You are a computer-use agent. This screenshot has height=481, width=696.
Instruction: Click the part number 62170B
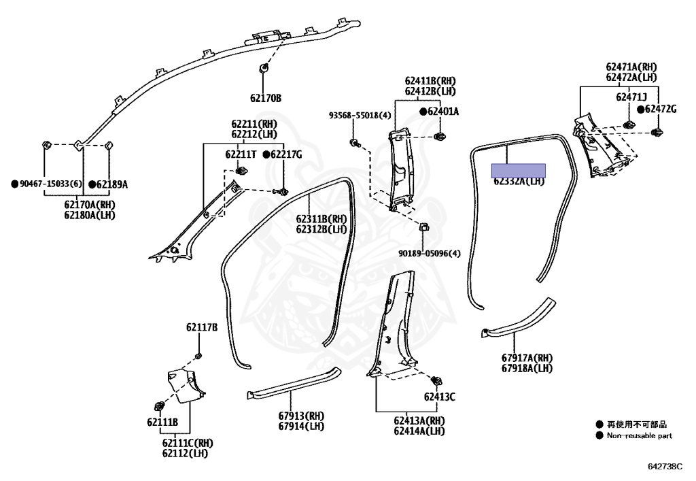[x=265, y=98]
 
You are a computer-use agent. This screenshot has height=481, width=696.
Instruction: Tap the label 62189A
[x=111, y=184]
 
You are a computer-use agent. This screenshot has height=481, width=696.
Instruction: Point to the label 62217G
[x=286, y=154]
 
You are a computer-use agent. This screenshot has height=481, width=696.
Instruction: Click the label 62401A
[x=443, y=111]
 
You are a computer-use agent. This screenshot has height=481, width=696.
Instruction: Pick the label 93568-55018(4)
[x=360, y=116]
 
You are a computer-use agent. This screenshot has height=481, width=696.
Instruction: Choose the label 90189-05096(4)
[x=430, y=254]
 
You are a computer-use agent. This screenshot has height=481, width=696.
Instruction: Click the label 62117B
[x=202, y=327]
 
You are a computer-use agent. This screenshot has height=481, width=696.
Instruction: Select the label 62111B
[x=162, y=422]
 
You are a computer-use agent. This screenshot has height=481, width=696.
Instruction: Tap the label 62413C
[x=440, y=397]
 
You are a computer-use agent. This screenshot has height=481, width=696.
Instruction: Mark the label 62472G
[x=661, y=109]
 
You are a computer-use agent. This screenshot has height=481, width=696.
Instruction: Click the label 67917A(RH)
[x=527, y=358]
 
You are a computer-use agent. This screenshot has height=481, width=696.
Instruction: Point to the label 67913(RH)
[x=301, y=416]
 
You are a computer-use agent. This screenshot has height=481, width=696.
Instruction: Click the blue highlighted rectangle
[x=519, y=170]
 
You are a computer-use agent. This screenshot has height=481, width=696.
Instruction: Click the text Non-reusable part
[x=640, y=435]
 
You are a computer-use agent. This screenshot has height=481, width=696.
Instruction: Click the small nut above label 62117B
[x=198, y=356]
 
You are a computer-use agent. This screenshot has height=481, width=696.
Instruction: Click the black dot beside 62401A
[x=423, y=111]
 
